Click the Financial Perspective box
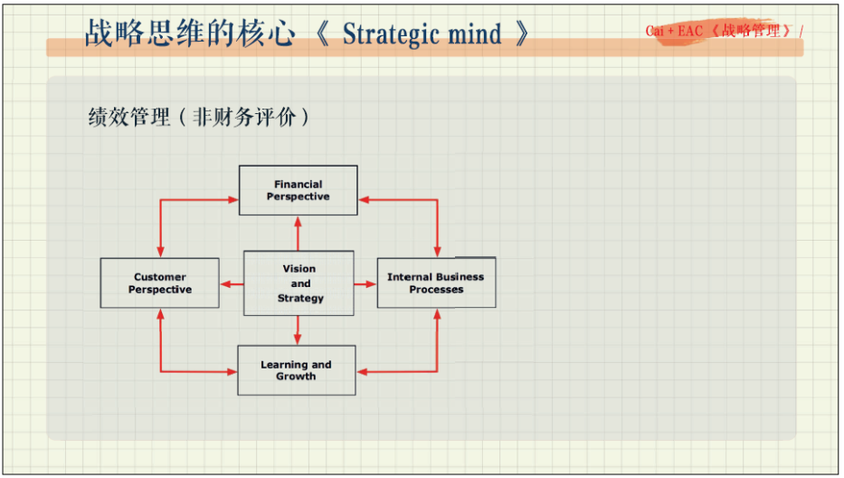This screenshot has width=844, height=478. point(298,190)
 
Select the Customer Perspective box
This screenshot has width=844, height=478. point(159,283)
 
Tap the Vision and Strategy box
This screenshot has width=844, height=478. point(299,283)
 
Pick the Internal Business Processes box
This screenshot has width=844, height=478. point(436,283)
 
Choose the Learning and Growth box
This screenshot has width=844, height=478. point(297,370)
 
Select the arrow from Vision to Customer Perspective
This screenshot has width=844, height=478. point(232,284)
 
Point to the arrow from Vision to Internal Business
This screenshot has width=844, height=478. point(365,284)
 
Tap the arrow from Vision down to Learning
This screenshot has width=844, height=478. point(298,330)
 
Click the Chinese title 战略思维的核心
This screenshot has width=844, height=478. point(190,33)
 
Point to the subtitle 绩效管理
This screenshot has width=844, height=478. point(129,118)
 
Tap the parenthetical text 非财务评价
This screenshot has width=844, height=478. point(244,118)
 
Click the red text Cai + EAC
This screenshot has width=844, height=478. point(674,31)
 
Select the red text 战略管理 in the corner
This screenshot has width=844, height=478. point(751,31)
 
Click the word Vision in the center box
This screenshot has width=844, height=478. point(299,269)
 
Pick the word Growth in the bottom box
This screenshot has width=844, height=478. point(296,377)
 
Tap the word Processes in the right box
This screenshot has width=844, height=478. point(436,290)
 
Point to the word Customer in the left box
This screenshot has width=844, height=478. point(160,277)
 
